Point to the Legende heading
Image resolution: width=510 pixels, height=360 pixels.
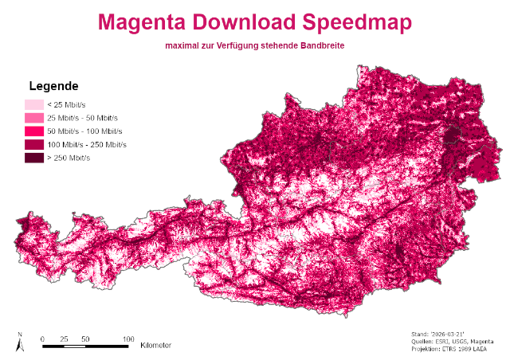pos(53,86)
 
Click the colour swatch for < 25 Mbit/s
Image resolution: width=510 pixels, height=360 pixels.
pos(33,104)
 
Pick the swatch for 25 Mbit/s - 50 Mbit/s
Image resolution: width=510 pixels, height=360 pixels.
pos(33,118)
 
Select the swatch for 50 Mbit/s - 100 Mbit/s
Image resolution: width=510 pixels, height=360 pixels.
pos(33,131)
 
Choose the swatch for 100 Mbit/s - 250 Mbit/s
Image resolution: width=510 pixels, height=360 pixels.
pos(33,144)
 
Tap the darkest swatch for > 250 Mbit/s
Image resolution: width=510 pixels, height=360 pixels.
pos(33,158)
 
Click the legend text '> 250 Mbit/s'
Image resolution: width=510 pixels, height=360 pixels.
pos(69,158)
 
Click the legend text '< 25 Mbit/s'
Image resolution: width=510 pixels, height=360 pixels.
pos(67,104)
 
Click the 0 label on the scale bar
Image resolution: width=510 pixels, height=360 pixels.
pos(42,338)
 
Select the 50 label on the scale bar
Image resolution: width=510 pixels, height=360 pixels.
pos(85,338)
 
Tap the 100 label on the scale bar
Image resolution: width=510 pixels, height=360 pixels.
pos(127,338)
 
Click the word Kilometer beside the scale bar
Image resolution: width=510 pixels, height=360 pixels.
pos(155,346)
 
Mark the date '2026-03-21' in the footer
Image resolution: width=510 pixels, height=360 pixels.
pos(459,335)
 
